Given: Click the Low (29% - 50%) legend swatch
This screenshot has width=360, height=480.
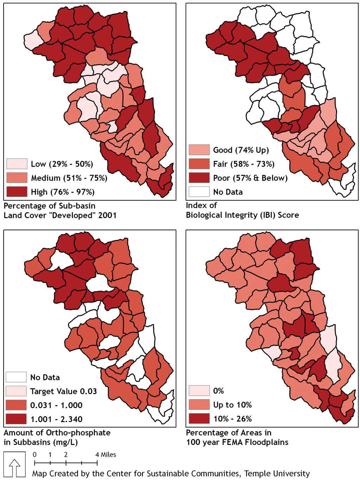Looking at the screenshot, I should click(x=17, y=164).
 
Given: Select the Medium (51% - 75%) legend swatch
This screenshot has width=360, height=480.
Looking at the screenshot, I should click(x=17, y=178).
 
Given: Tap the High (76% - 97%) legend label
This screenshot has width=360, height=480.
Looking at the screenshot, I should click(x=63, y=192).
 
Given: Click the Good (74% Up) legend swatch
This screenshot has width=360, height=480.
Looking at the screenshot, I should click(x=199, y=150).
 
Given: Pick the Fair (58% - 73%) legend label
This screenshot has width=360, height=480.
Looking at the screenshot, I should click(x=244, y=164).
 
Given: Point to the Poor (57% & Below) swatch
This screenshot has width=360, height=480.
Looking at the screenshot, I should click(x=199, y=178).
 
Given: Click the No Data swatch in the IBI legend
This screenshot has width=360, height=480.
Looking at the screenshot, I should click(x=199, y=192).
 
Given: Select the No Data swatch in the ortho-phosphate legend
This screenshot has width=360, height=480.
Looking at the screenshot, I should click(x=16, y=377).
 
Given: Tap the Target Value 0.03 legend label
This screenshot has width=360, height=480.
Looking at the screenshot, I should click(x=63, y=391).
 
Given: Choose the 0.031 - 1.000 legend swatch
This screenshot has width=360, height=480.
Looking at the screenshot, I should click(x=16, y=405).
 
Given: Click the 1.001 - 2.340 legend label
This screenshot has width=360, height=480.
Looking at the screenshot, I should click(x=56, y=419).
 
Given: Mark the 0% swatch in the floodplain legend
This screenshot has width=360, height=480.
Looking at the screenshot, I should click(x=199, y=391).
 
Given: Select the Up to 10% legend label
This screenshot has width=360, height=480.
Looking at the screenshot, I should click(x=232, y=405).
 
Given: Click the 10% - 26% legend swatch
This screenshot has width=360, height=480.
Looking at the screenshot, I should click(x=199, y=419).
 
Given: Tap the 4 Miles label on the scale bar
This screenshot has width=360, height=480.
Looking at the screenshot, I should click(x=106, y=455).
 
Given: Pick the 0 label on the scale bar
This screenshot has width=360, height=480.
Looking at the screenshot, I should click(x=34, y=455).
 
